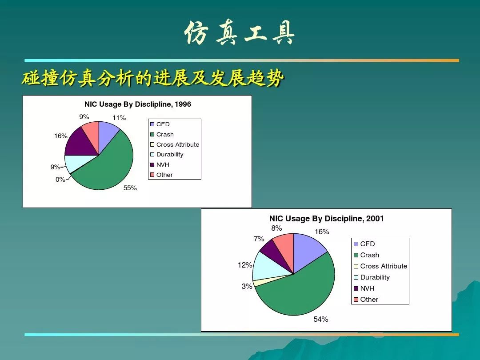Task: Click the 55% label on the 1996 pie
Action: tap(130, 188)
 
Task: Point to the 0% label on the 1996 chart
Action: tap(60, 180)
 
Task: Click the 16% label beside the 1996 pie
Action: tap(61, 136)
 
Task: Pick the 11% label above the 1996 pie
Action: tap(119, 117)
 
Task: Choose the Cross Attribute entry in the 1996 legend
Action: tap(175, 144)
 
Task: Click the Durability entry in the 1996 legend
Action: tap(167, 155)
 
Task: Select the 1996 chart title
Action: tap(138, 104)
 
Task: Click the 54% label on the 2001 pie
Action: tap(321, 319)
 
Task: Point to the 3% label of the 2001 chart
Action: tap(247, 286)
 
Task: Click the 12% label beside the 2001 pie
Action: tap(245, 265)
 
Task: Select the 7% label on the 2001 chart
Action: tap(259, 239)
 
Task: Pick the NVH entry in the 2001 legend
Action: tap(364, 288)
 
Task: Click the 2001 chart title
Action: tap(326, 219)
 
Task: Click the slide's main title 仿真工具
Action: tap(240, 33)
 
